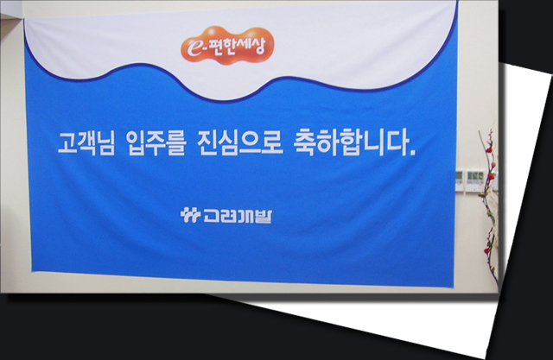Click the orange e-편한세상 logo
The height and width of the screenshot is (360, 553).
tap(227, 46)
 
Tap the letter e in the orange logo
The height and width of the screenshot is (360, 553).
tap(194, 48)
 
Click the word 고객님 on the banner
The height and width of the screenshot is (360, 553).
tap(86, 143)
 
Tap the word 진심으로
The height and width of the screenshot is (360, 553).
tap(240, 142)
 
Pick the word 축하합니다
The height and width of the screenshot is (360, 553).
tap(352, 142)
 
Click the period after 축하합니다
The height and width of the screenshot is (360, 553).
tap(413, 152)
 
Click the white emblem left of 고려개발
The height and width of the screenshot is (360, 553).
tap(190, 215)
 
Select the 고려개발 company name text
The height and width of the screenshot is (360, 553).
tap(238, 216)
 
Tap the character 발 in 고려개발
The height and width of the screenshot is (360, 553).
tap(264, 216)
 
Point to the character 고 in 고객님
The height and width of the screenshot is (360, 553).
tap(67, 143)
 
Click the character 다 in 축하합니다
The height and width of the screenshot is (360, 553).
tap(397, 142)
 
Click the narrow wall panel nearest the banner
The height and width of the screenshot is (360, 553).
tap(459, 180)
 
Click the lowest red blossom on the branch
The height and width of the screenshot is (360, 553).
tap(487, 250)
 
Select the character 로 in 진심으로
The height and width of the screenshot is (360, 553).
tap(272, 142)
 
